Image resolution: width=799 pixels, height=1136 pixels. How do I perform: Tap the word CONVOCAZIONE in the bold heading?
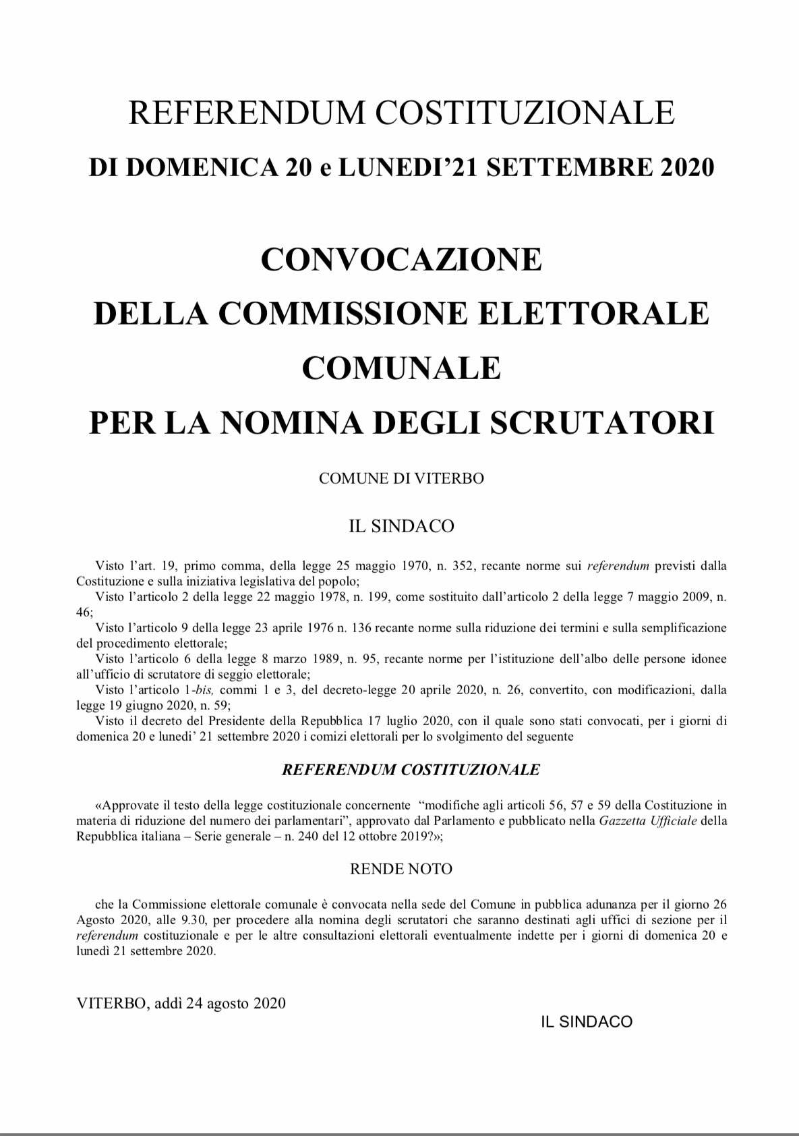(401, 259)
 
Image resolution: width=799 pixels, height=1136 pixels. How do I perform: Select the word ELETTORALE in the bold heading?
(592, 313)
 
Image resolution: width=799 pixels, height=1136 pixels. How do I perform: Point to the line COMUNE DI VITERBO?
(401, 478)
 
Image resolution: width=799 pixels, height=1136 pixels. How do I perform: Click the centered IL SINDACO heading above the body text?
(401, 526)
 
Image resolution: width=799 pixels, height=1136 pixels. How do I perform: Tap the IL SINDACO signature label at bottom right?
(587, 1022)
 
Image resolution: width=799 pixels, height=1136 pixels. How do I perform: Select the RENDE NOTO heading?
(401, 869)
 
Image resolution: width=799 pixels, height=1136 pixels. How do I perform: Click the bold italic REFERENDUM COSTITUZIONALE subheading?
(411, 770)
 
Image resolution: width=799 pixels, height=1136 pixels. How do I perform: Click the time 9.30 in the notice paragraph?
(194, 920)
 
